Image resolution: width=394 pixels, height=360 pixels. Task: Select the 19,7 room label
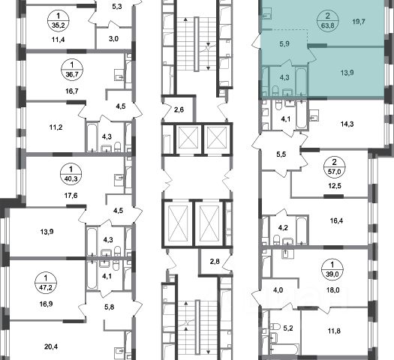click(359, 22)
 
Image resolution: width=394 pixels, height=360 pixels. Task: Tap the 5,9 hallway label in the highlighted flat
click(284, 44)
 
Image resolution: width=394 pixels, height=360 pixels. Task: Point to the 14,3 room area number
click(347, 124)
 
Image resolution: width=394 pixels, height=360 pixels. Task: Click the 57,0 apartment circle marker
click(335, 166)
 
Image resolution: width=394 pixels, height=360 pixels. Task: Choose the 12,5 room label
click(335, 186)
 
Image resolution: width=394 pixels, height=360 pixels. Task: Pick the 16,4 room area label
click(336, 220)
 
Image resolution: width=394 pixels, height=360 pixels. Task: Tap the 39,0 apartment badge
click(332, 268)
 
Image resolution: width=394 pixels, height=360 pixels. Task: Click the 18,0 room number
click(333, 290)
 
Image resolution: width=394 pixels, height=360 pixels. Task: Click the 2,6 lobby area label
click(179, 109)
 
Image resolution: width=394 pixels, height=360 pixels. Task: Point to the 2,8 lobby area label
click(215, 261)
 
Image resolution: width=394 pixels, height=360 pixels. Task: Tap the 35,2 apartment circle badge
click(58, 20)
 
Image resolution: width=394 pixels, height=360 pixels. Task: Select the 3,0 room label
click(114, 39)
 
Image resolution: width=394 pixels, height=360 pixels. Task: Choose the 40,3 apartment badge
click(71, 173)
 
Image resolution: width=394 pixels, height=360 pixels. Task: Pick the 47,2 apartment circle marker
click(46, 282)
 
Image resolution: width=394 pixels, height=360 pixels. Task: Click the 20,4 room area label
click(51, 347)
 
